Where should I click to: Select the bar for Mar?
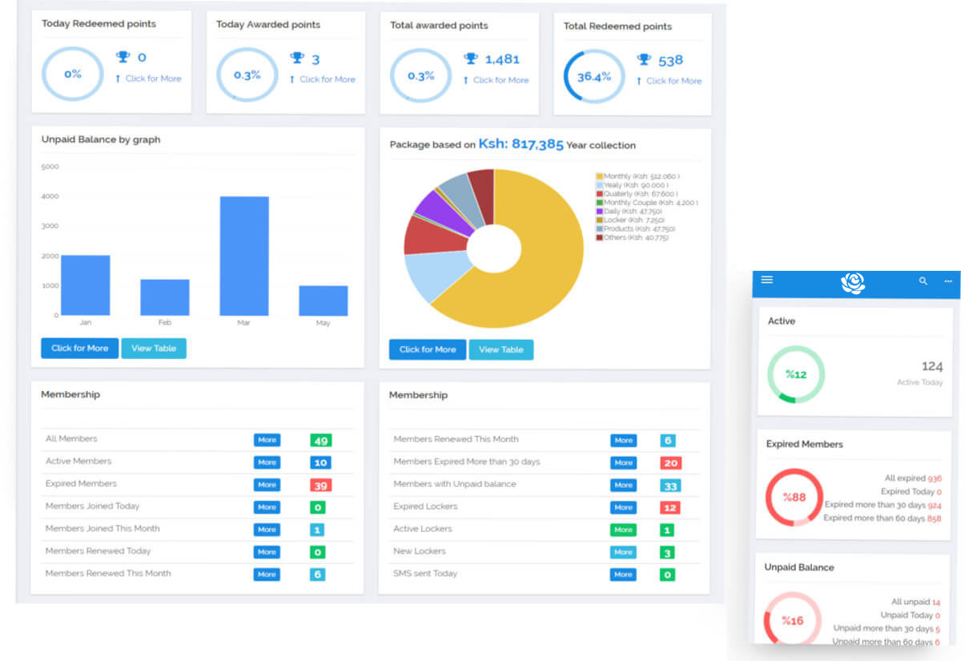(244, 256)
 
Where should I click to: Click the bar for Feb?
(164, 297)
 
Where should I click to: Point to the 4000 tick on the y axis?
(50, 196)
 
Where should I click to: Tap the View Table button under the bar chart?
(154, 349)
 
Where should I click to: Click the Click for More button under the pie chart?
(427, 349)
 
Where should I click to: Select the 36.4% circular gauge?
(593, 77)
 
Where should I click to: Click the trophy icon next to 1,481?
(471, 58)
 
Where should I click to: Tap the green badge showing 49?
(321, 440)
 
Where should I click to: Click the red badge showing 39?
(321, 485)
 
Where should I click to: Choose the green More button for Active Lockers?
(623, 530)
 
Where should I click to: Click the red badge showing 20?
(670, 462)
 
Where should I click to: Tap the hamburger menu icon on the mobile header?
(766, 280)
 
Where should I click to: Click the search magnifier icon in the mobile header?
(923, 281)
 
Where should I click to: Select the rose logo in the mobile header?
(853, 283)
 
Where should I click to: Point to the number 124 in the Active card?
(931, 366)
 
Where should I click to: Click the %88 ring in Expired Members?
(794, 497)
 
